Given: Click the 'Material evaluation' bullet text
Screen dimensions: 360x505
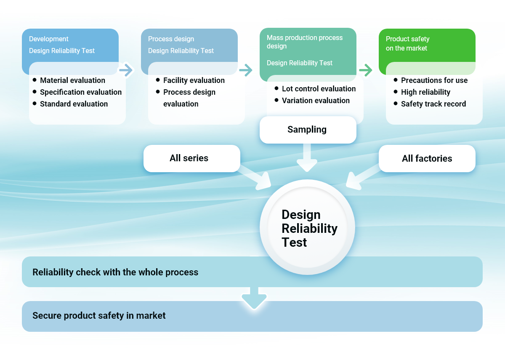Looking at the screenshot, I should click(72, 80).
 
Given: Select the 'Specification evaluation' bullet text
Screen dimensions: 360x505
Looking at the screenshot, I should click(80, 92).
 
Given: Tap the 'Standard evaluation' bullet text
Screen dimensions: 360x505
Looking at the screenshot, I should click(74, 104).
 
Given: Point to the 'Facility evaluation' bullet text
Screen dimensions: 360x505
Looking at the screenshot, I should click(194, 80).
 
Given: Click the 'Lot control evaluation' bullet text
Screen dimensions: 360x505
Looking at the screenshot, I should click(319, 89).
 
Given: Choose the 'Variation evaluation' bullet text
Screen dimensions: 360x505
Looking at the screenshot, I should click(316, 101).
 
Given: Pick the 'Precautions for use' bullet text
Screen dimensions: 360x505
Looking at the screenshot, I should click(434, 80).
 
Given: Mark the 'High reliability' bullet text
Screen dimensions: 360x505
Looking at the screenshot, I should click(425, 92).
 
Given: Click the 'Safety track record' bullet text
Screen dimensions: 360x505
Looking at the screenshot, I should click(433, 104).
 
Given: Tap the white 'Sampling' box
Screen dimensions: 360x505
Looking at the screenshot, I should click(307, 130).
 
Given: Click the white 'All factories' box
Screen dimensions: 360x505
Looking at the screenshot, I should click(427, 158).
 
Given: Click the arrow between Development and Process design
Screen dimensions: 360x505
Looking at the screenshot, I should click(126, 69).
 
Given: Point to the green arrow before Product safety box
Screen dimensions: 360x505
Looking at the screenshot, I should click(366, 70).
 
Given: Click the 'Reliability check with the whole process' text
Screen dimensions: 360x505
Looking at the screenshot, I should click(115, 272).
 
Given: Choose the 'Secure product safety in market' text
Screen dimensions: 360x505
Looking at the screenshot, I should click(99, 315).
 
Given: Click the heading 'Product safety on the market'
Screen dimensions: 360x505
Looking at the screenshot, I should click(407, 43).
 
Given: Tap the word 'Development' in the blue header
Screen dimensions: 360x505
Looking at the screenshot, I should click(48, 39).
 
